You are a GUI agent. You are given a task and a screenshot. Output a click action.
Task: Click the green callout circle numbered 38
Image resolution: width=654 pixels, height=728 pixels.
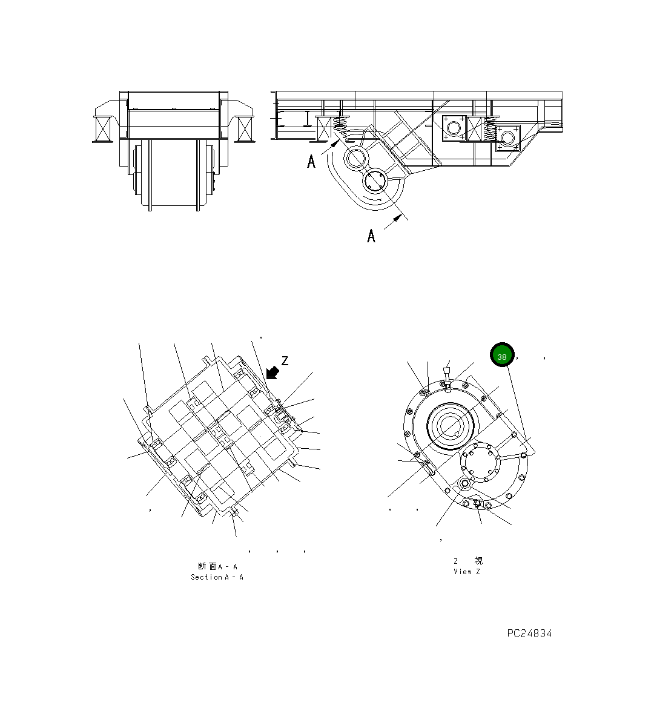pos(502,356)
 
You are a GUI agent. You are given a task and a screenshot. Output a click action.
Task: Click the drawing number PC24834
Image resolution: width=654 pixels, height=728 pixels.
pos(529,634)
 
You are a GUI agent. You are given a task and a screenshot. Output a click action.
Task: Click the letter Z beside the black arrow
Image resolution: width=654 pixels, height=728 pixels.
pos(285,361)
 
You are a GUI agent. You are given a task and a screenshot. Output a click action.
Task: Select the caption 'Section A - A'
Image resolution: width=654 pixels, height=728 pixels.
pos(217,577)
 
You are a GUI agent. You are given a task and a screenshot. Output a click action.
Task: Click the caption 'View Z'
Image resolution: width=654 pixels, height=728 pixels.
pos(466,572)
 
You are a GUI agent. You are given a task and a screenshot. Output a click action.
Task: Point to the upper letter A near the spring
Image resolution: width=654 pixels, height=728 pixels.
pos(311,162)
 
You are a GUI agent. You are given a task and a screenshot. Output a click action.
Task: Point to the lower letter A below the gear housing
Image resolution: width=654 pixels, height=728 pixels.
pos(371,236)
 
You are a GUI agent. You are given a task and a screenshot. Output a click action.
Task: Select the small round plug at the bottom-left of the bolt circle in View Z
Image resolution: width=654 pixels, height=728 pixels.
pos(464,483)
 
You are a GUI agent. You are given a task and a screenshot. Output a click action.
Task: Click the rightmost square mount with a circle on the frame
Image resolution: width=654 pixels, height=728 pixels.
pos(507,137)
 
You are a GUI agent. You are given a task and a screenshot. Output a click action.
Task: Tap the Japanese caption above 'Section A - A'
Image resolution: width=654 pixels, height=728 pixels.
pos(217,566)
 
